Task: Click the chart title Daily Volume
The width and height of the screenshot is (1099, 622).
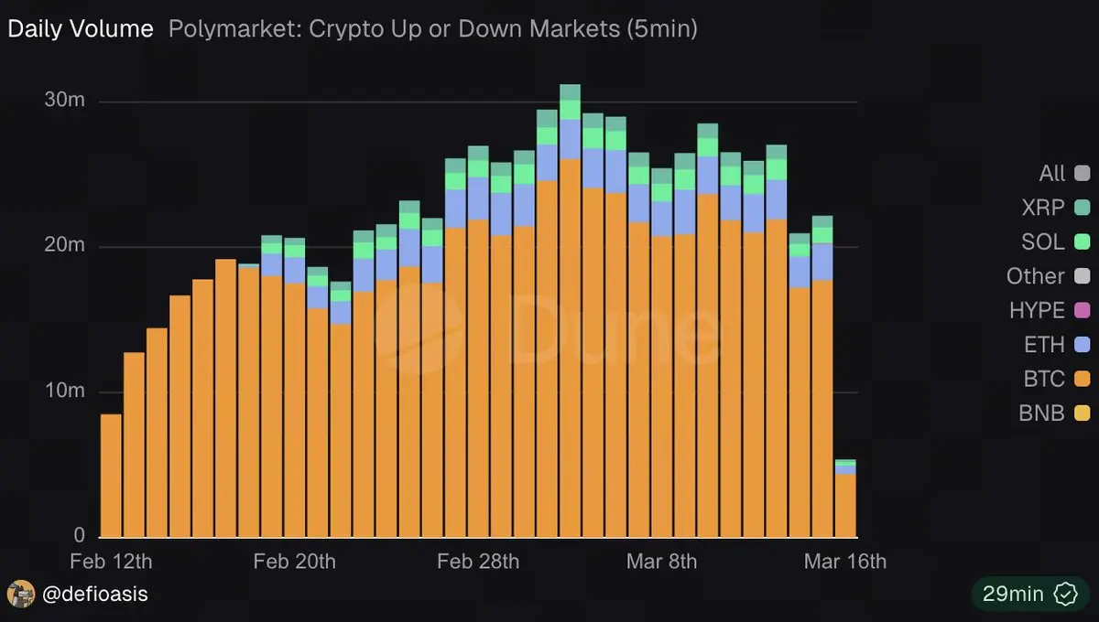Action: (x=81, y=29)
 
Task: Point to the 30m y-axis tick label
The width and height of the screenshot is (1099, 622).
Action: (x=65, y=101)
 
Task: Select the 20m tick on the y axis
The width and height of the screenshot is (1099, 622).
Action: (x=65, y=246)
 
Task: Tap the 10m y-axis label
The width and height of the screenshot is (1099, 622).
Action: (x=65, y=391)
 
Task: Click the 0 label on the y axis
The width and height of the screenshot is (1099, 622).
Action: (x=79, y=536)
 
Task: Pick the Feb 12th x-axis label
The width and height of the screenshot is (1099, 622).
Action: (x=112, y=561)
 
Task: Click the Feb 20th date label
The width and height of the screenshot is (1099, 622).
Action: (x=294, y=561)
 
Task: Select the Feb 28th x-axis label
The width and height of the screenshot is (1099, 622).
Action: (x=478, y=561)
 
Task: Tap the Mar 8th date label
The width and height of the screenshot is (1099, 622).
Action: (x=661, y=561)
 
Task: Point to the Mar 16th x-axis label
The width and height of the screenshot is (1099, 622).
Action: (x=845, y=561)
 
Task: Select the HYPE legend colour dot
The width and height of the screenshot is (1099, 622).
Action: (x=1083, y=311)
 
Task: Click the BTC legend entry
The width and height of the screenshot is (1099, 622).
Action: (x=1044, y=380)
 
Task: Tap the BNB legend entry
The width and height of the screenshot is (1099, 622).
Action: (x=1042, y=413)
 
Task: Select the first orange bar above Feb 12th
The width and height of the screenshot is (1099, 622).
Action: (x=112, y=476)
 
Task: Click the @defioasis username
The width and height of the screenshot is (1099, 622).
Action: (x=94, y=595)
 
